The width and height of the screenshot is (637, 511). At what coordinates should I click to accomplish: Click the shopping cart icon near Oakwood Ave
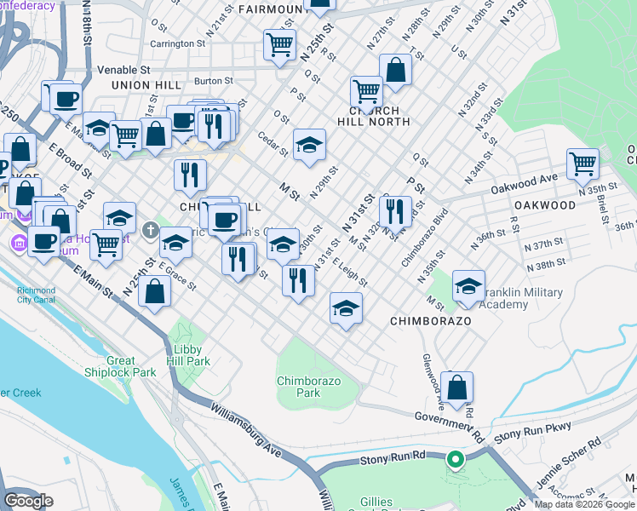(582, 163)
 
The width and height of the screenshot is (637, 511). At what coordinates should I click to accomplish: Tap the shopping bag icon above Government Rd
(457, 388)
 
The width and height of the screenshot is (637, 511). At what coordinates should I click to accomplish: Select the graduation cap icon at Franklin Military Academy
(468, 286)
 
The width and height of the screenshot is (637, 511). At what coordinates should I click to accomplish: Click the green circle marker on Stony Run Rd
(455, 461)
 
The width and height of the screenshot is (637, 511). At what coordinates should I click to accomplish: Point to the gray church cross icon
(151, 230)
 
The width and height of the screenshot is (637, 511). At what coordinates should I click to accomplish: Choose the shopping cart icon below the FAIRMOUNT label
(279, 43)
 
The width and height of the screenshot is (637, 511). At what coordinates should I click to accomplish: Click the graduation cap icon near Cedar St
(310, 145)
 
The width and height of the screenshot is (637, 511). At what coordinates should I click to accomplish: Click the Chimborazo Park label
(298, 386)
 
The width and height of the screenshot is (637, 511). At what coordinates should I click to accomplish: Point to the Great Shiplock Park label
(120, 366)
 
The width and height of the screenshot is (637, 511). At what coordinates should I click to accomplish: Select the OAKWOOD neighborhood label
(544, 205)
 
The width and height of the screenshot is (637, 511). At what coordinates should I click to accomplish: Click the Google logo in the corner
(29, 501)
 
